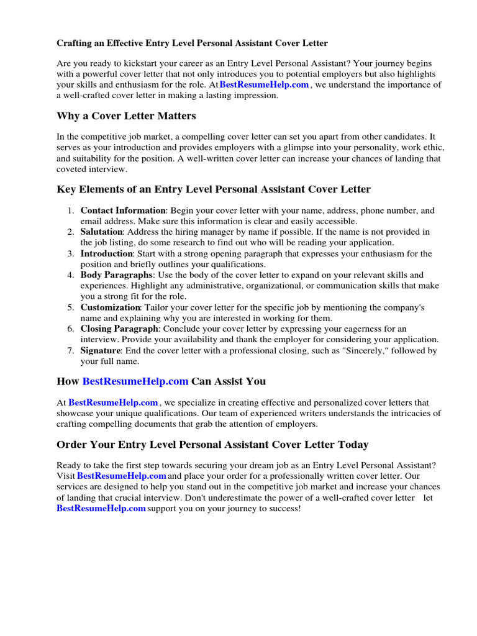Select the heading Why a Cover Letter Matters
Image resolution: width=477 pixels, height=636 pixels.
click(126, 116)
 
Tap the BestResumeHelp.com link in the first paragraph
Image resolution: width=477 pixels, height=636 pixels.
click(264, 85)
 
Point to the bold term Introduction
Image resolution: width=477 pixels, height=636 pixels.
click(107, 254)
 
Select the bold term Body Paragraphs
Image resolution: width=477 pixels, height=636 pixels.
click(116, 275)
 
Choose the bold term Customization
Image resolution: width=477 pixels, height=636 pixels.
click(110, 307)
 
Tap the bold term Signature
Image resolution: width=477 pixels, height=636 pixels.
click(100, 351)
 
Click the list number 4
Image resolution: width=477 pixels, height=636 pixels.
click(71, 275)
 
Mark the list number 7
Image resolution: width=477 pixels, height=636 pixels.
click(71, 351)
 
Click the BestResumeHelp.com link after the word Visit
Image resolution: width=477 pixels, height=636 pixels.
click(122, 476)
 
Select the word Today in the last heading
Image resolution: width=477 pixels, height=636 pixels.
click(351, 445)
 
